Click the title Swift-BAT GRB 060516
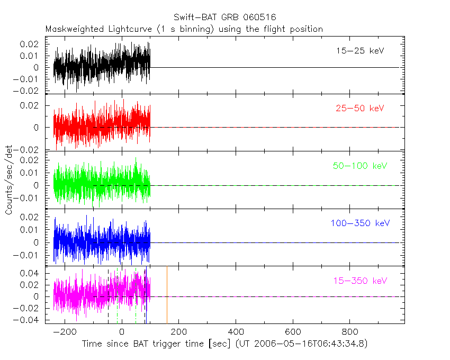(225, 18)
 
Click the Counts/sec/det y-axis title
(8, 180)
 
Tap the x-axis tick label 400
(236, 332)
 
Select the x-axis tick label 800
(349, 332)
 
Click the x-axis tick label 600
(293, 332)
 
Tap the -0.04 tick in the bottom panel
(29, 320)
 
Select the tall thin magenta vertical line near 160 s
(167, 294)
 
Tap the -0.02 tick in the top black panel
(29, 91)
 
